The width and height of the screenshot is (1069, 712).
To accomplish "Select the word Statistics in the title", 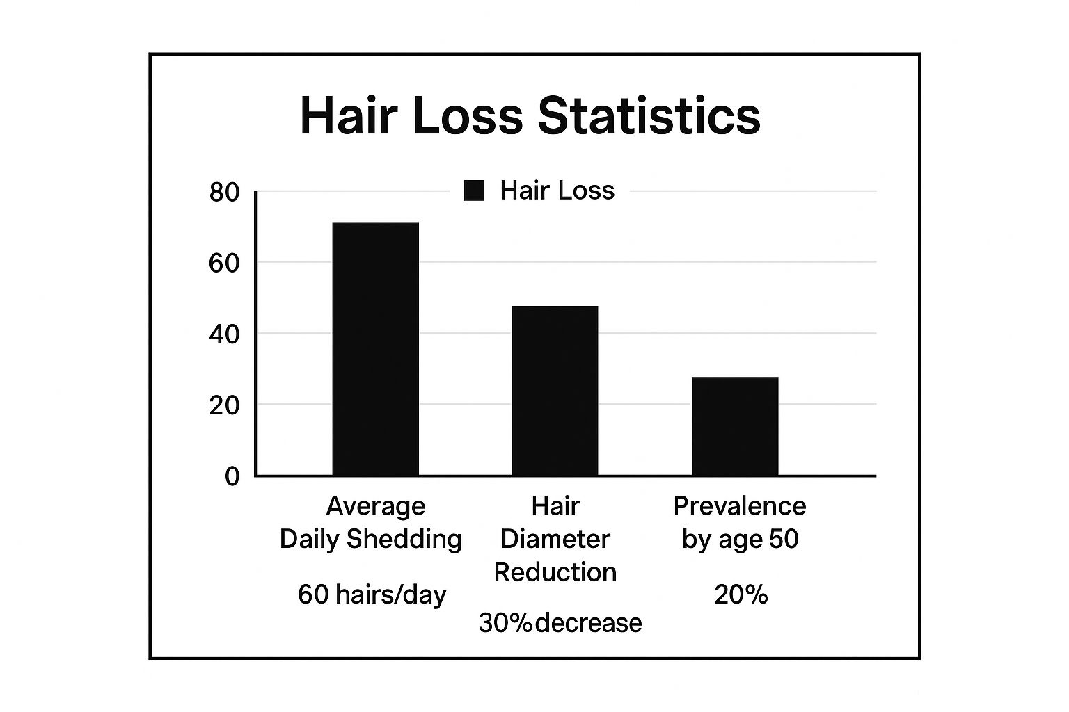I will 649,115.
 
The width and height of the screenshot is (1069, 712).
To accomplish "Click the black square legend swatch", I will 474,191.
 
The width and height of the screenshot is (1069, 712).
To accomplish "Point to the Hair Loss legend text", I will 557,191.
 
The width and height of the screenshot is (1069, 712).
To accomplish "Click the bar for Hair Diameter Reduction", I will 555,391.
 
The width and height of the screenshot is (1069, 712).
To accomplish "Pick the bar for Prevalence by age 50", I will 735,426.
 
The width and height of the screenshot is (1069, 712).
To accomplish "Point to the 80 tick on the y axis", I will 224,193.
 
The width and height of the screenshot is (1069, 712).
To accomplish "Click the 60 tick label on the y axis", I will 224,264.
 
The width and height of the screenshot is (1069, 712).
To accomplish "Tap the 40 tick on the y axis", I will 224,335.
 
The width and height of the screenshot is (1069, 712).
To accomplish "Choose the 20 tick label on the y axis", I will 224,406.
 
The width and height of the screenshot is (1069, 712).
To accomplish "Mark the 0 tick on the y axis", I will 232,477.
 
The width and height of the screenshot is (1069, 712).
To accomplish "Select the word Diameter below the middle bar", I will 555,540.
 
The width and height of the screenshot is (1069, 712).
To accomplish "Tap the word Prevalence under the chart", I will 739,506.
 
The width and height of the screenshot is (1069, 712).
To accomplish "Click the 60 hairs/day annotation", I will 372,594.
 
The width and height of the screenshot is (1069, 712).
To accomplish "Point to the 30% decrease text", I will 560,623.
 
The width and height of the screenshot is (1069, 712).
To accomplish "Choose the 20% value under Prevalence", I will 741,594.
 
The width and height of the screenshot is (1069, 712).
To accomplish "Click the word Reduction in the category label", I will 555,572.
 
